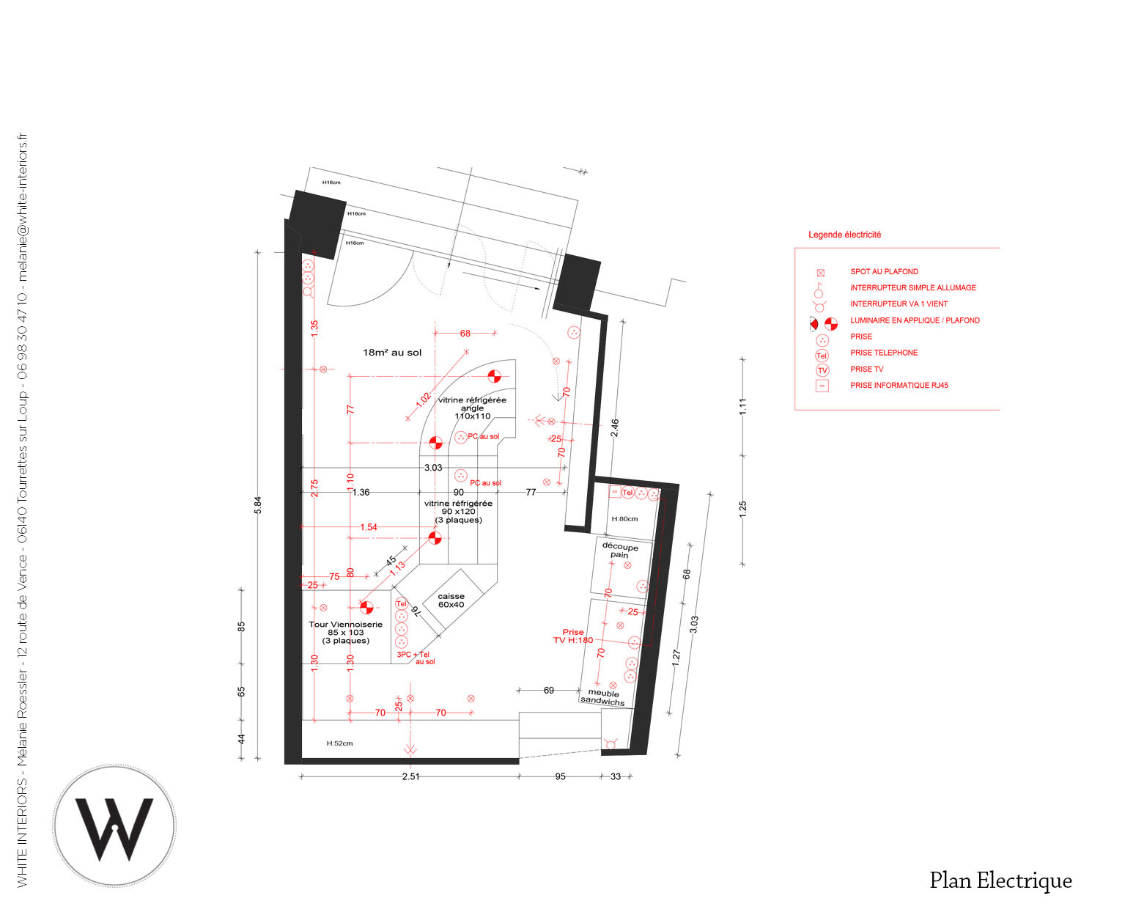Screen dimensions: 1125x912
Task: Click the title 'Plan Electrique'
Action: coord(1000,880)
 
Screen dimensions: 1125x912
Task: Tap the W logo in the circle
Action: coord(114,825)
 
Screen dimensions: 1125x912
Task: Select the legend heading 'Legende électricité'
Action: coord(844,235)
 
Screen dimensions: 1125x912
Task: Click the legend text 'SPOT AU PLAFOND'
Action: coord(884,271)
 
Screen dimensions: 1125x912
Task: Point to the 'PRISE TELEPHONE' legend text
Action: coord(884,353)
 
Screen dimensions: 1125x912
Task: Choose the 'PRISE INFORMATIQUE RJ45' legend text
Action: coord(899,385)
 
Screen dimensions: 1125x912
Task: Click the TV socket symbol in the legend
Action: coord(822,370)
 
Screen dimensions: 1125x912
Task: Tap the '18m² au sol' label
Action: coord(392,353)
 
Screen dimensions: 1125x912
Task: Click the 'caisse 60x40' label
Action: coord(451,600)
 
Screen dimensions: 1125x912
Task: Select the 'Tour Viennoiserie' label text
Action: coord(346,625)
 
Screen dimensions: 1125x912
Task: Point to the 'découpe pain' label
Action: coord(619,551)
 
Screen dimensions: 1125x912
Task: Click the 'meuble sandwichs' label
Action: coord(602,697)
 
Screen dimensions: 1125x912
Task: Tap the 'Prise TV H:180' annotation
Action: coord(573,636)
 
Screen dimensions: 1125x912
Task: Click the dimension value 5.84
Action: coord(257,504)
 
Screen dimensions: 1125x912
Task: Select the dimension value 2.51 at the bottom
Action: coord(410,776)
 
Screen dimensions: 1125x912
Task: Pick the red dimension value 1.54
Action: coord(368,527)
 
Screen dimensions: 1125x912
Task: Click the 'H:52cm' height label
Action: coord(339,743)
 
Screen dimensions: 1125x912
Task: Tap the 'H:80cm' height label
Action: coord(624,519)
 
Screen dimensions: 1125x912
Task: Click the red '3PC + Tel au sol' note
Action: coord(415,658)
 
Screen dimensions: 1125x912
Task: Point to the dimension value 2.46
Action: coord(615,428)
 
